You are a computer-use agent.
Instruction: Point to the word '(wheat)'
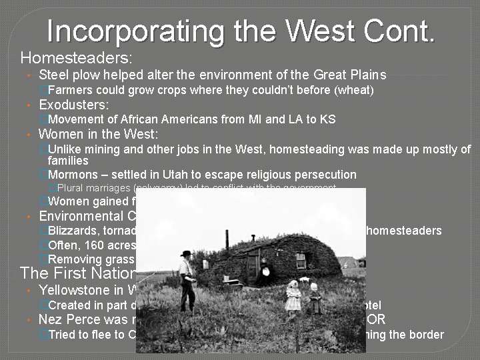pos(354,90)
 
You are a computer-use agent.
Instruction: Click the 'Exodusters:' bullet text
pos(74,105)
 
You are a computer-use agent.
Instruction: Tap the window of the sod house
pos(301,260)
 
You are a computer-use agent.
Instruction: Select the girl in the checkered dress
pos(293,297)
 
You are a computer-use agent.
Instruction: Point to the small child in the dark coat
pos(315,299)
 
